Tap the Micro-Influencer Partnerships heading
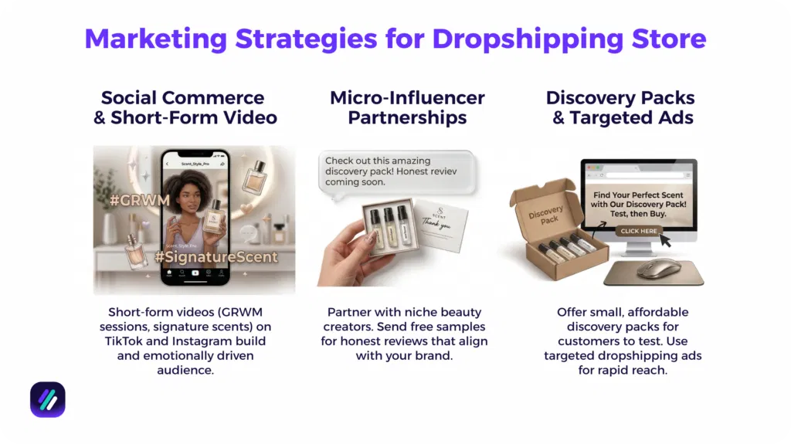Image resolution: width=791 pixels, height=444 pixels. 407,108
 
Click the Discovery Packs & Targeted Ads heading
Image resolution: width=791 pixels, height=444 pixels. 621,108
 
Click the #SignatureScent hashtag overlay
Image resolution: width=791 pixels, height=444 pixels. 219,256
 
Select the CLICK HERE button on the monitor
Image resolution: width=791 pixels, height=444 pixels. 638,231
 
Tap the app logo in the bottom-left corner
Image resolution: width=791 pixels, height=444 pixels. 48,399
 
